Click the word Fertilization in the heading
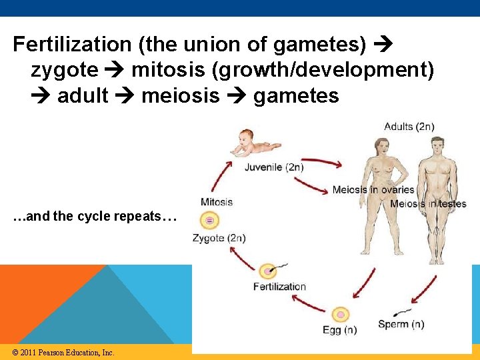73,45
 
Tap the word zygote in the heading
64,70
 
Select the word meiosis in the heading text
180,96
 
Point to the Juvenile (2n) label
274,167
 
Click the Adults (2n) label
409,127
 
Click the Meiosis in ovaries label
373,190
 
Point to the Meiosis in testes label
428,204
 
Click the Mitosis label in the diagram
217,202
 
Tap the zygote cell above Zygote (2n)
210,220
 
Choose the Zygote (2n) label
219,238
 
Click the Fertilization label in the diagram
279,287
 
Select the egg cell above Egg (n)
341,314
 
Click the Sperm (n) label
400,325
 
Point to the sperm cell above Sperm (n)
401,311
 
